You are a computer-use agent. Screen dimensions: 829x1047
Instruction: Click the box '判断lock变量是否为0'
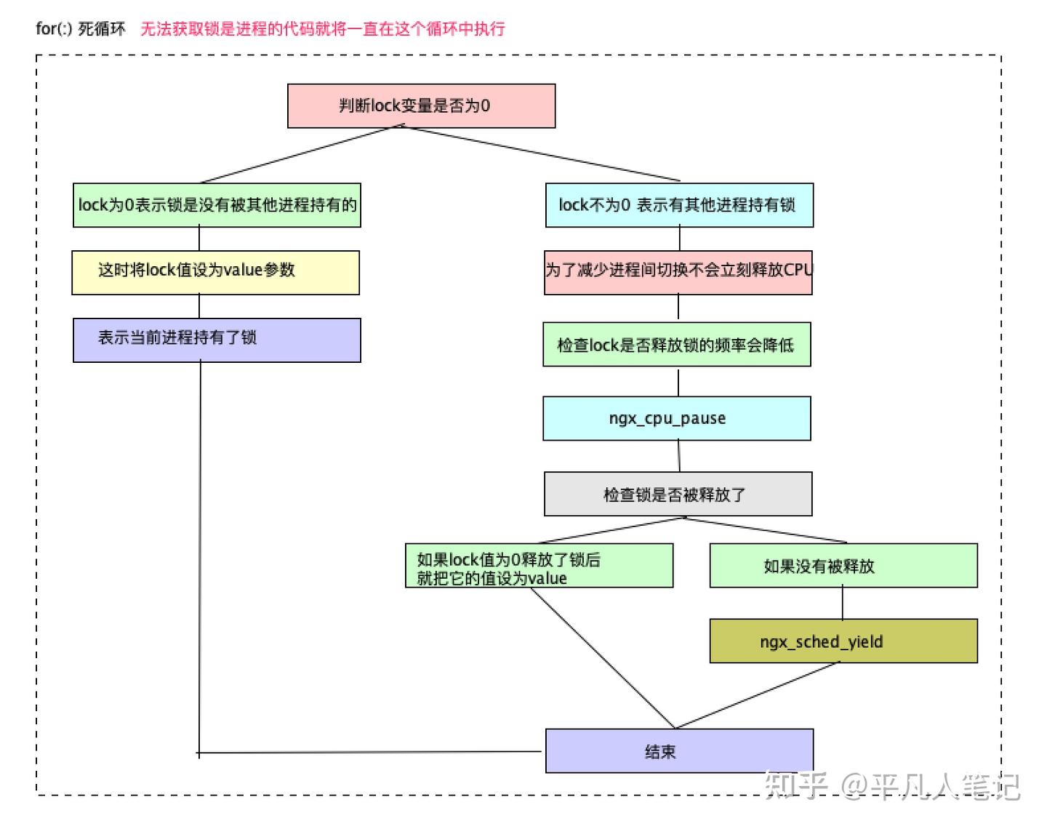coord(421,106)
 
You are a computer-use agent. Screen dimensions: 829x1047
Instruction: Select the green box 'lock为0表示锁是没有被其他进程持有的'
coord(217,205)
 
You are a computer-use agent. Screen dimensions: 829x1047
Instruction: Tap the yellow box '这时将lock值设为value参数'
coord(215,273)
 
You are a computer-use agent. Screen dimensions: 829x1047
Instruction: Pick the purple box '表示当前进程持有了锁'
coord(217,340)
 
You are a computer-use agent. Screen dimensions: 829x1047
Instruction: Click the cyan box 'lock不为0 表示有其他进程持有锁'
coord(679,205)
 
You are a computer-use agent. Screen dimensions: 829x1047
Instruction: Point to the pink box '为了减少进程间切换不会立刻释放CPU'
coord(678,273)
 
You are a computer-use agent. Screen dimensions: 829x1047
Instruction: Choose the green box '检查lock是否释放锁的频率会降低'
coord(676,345)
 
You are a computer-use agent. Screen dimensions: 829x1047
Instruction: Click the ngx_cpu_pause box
coord(676,418)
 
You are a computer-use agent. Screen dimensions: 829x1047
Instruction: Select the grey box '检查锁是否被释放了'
coord(678,494)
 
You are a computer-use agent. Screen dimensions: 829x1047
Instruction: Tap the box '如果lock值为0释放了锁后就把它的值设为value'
coord(539,566)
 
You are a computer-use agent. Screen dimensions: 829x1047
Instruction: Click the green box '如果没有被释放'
coord(843,566)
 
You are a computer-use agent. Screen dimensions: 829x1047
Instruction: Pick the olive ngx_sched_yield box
coord(843,641)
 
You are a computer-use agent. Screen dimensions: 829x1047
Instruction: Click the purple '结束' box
coord(679,751)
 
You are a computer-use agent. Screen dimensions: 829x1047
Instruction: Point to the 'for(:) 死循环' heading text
coord(81,29)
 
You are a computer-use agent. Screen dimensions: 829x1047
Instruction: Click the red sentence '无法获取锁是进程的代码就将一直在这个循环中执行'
coord(322,29)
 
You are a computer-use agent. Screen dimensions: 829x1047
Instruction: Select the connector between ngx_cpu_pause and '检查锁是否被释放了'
coord(679,456)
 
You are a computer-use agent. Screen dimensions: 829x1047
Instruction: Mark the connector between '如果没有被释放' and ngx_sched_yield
coord(843,603)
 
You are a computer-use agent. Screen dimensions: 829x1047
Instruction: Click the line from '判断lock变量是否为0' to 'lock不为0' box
coord(542,153)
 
